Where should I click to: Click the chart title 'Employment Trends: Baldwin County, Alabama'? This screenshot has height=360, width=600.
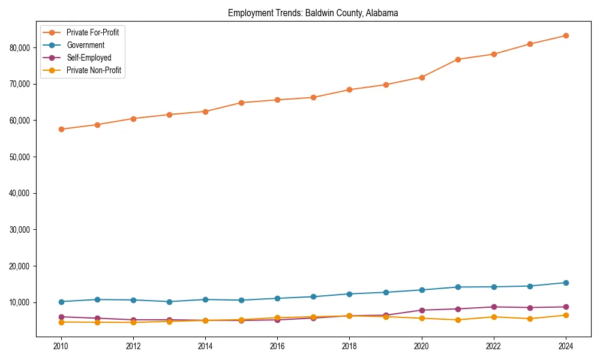click(313, 13)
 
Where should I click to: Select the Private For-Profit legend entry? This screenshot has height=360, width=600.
click(92, 32)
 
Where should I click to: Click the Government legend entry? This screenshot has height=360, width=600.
click(85, 45)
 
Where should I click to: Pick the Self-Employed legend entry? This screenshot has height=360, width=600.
click(89, 58)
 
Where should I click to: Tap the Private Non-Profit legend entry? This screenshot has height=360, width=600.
click(94, 70)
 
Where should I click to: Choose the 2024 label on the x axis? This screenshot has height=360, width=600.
click(566, 346)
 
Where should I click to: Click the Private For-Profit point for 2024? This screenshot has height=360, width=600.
click(566, 35)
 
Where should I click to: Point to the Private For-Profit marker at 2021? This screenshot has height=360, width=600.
click(458, 59)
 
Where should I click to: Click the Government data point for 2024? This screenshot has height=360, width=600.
click(566, 283)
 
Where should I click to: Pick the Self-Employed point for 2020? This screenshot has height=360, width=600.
click(422, 310)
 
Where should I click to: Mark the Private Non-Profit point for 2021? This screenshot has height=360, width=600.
click(458, 320)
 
